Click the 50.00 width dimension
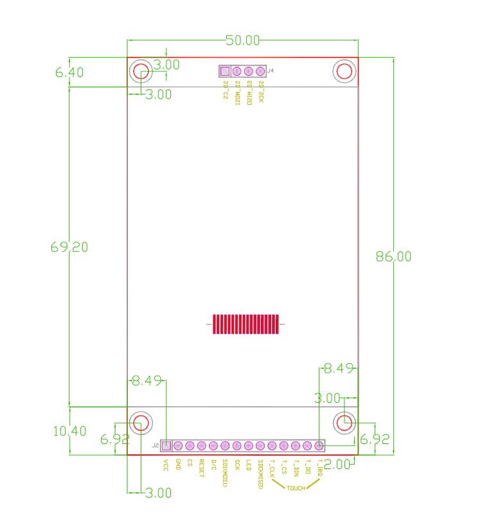coord(242,40)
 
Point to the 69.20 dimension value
coord(69,247)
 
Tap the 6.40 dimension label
coord(69,73)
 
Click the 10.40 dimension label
coord(69,431)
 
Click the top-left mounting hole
coord(141,71)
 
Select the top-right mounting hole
coord(344,71)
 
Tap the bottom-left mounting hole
coord(141,422)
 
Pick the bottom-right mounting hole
coord(345,422)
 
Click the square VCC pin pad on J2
coord(166,445)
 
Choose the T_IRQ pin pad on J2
coord(319,445)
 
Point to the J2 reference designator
coord(155,445)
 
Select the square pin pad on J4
coord(225,71)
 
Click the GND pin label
coord(178,463)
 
